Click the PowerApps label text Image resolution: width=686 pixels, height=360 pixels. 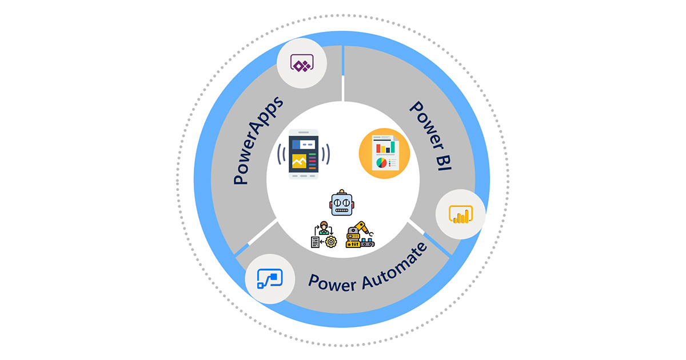[x=258, y=141]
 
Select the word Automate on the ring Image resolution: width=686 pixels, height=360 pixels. [x=396, y=267]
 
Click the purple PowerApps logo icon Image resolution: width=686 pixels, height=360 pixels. [x=302, y=63]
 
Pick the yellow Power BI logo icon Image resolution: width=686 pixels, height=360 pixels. [x=461, y=214]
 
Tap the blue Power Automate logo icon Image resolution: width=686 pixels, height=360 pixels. [x=270, y=279]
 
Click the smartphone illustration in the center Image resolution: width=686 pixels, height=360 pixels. [x=304, y=154]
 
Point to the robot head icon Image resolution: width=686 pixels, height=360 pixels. [x=342, y=203]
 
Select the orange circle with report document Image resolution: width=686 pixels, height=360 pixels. [x=384, y=153]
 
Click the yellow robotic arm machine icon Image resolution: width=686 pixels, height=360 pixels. [x=360, y=234]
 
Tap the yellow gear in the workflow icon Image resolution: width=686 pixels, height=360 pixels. [x=331, y=242]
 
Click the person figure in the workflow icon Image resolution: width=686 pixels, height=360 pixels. [x=324, y=228]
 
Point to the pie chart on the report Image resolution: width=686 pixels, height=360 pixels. [x=381, y=163]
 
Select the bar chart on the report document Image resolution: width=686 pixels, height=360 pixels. [x=385, y=147]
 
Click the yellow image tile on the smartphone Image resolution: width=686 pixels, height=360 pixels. [x=299, y=161]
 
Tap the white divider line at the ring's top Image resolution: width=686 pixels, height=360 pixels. [x=343, y=74]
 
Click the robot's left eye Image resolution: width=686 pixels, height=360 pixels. [x=337, y=203]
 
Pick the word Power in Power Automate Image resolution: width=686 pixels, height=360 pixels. [x=332, y=282]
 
